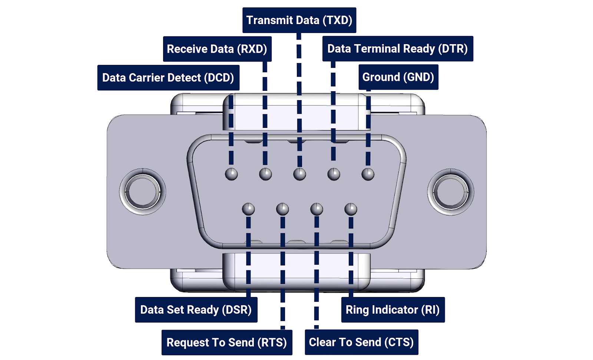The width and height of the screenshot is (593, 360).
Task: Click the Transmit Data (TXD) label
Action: pos(299,20)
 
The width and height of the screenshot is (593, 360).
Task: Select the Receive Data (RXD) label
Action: pos(217,49)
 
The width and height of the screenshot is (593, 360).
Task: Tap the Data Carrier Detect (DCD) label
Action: pos(168,77)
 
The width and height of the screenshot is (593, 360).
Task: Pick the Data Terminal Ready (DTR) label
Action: pos(398,49)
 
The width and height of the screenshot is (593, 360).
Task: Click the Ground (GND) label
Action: pos(398,77)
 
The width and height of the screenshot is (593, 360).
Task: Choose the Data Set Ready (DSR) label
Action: pos(196,310)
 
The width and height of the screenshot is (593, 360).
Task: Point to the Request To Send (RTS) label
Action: pos(227,342)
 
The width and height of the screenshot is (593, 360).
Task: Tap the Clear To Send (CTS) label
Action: pos(361,342)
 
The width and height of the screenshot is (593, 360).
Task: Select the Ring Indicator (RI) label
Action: pos(393,310)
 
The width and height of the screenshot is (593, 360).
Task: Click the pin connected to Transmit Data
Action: pos(299,174)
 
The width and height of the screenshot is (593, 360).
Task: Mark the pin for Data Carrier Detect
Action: pos(231,174)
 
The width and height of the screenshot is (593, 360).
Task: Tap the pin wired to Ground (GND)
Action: pos(368,174)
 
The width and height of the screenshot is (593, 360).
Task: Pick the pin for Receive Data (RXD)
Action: pos(265,174)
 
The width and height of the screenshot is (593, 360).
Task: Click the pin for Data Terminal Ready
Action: pos(334,174)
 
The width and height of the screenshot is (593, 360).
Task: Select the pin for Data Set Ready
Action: pos(248,209)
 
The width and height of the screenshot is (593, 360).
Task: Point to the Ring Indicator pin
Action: pos(351,209)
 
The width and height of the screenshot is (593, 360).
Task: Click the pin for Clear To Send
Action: pos(317,209)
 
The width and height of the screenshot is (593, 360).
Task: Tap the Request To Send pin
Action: pos(282,209)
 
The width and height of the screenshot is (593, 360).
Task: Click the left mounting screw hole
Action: pos(143,192)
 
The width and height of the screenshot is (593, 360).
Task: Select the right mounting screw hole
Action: pos(451,192)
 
